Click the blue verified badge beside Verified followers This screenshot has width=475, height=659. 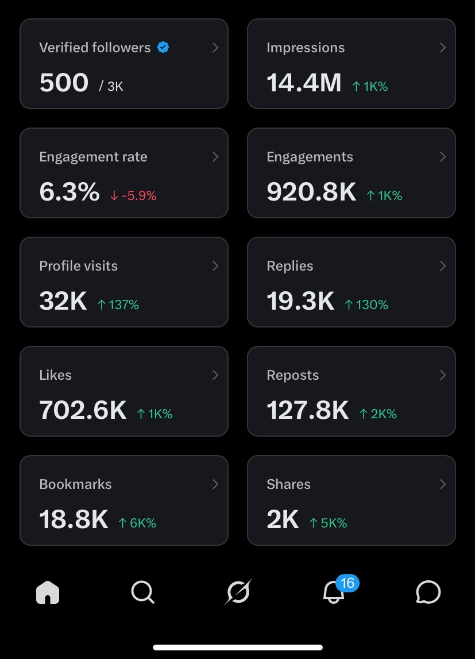[x=163, y=48]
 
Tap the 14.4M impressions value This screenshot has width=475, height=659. [x=304, y=83]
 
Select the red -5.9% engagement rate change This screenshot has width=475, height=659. [x=133, y=195]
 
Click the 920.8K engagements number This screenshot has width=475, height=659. [x=311, y=192]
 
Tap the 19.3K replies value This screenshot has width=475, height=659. [x=300, y=302]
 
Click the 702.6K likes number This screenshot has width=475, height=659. [x=83, y=411]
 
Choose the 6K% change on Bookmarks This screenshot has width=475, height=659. [x=137, y=523]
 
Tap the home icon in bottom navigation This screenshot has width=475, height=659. [x=48, y=592]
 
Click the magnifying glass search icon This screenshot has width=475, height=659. [x=142, y=592]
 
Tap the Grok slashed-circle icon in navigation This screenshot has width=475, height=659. [x=238, y=592]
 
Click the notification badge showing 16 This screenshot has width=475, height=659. [x=347, y=584]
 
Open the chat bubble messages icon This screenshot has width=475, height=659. [x=428, y=592]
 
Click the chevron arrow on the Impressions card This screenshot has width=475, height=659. [x=443, y=48]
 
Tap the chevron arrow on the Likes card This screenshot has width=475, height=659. [x=215, y=375]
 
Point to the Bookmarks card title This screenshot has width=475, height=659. [x=75, y=484]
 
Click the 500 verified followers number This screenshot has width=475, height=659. [x=64, y=83]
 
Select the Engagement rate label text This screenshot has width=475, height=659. [x=93, y=157]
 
